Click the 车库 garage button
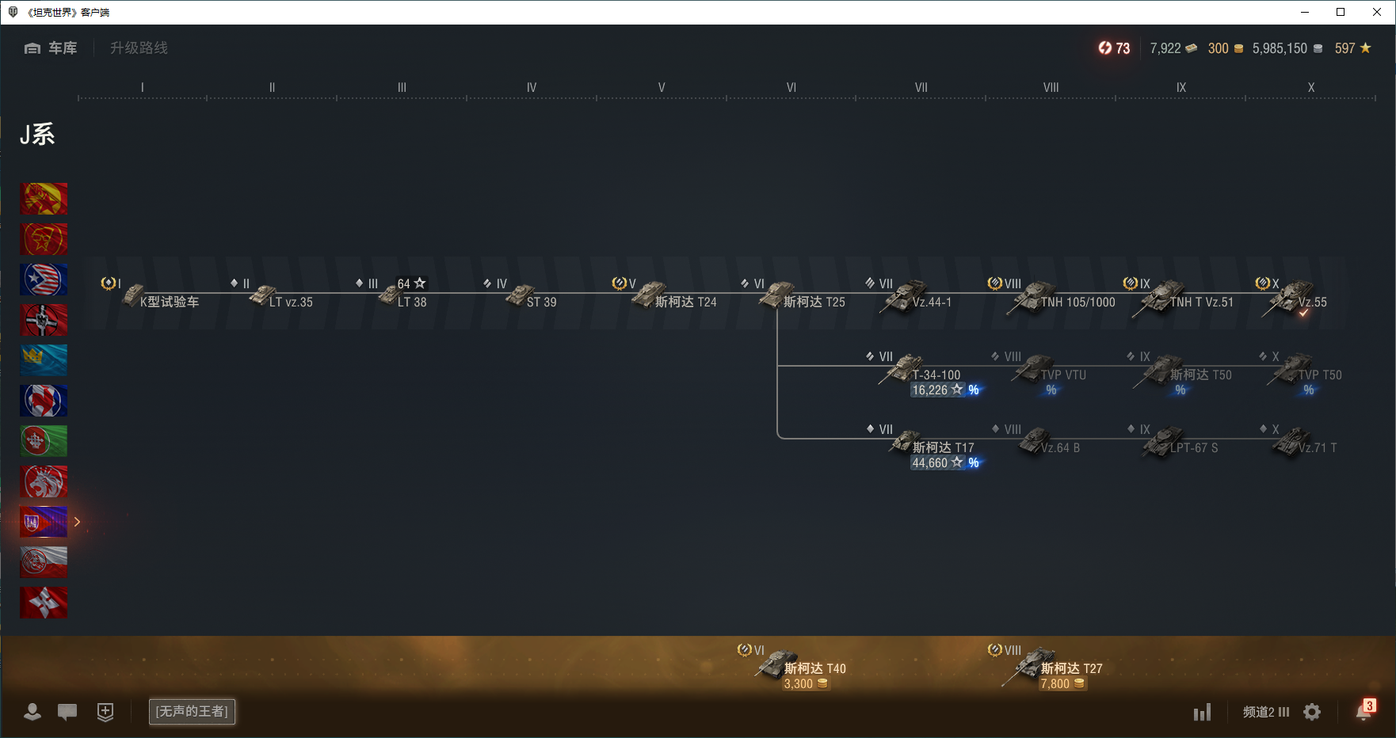[51, 48]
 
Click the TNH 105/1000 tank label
[1078, 302]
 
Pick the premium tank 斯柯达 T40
[800, 667]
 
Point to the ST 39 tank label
[541, 302]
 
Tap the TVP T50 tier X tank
[1307, 372]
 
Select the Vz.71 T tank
[1307, 445]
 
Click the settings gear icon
[1312, 712]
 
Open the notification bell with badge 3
[1364, 711]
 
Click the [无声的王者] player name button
[192, 711]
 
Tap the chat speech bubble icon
[67, 711]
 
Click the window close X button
[1377, 12]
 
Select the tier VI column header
[791, 87]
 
